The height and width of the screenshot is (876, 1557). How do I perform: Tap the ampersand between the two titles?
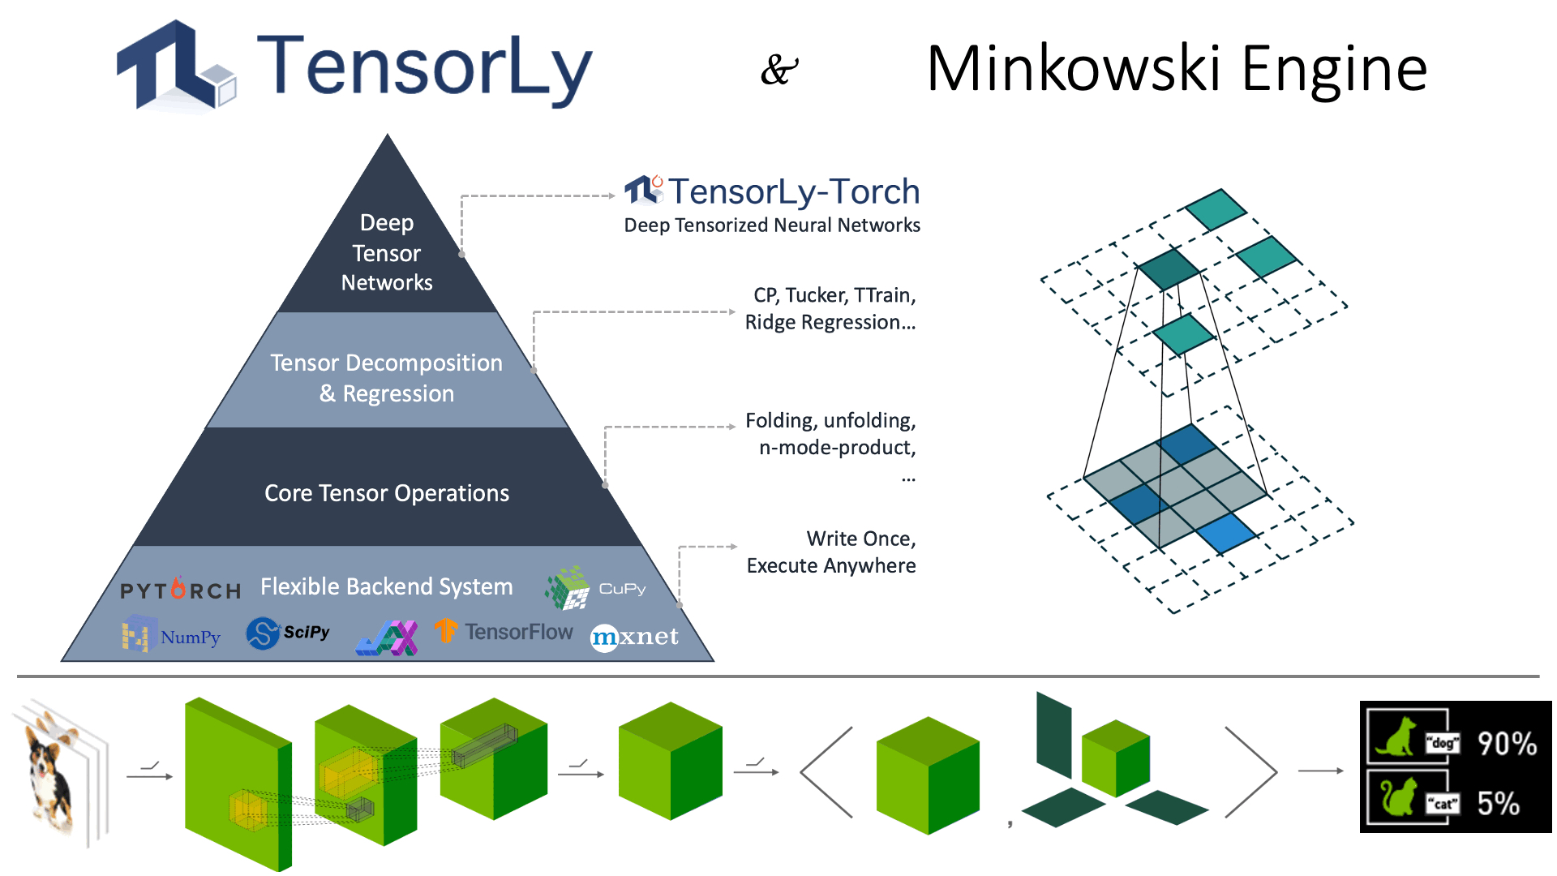[x=778, y=70]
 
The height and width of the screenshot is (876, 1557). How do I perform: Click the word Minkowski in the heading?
[x=1073, y=69]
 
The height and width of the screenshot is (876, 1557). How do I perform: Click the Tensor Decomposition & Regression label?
[x=387, y=377]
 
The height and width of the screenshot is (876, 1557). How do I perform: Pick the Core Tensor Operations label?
[x=387, y=493]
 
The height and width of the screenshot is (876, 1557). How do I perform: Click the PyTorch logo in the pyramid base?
[x=180, y=590]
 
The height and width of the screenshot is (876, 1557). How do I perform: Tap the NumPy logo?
[x=171, y=635]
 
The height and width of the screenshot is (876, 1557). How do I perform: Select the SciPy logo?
[x=288, y=633]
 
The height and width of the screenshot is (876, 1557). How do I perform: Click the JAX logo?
[x=387, y=638]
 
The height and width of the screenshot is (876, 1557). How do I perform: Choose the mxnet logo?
[x=634, y=637]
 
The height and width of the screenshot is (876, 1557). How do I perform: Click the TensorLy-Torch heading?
[x=772, y=191]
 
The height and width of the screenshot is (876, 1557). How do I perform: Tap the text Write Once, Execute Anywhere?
[x=831, y=552]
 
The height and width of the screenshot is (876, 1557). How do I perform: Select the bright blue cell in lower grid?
[x=1226, y=533]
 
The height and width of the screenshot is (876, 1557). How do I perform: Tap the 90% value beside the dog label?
[x=1506, y=743]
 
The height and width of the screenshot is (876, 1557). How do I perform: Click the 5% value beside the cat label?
[x=1498, y=803]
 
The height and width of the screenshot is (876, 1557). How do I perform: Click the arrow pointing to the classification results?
[x=1320, y=771]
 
